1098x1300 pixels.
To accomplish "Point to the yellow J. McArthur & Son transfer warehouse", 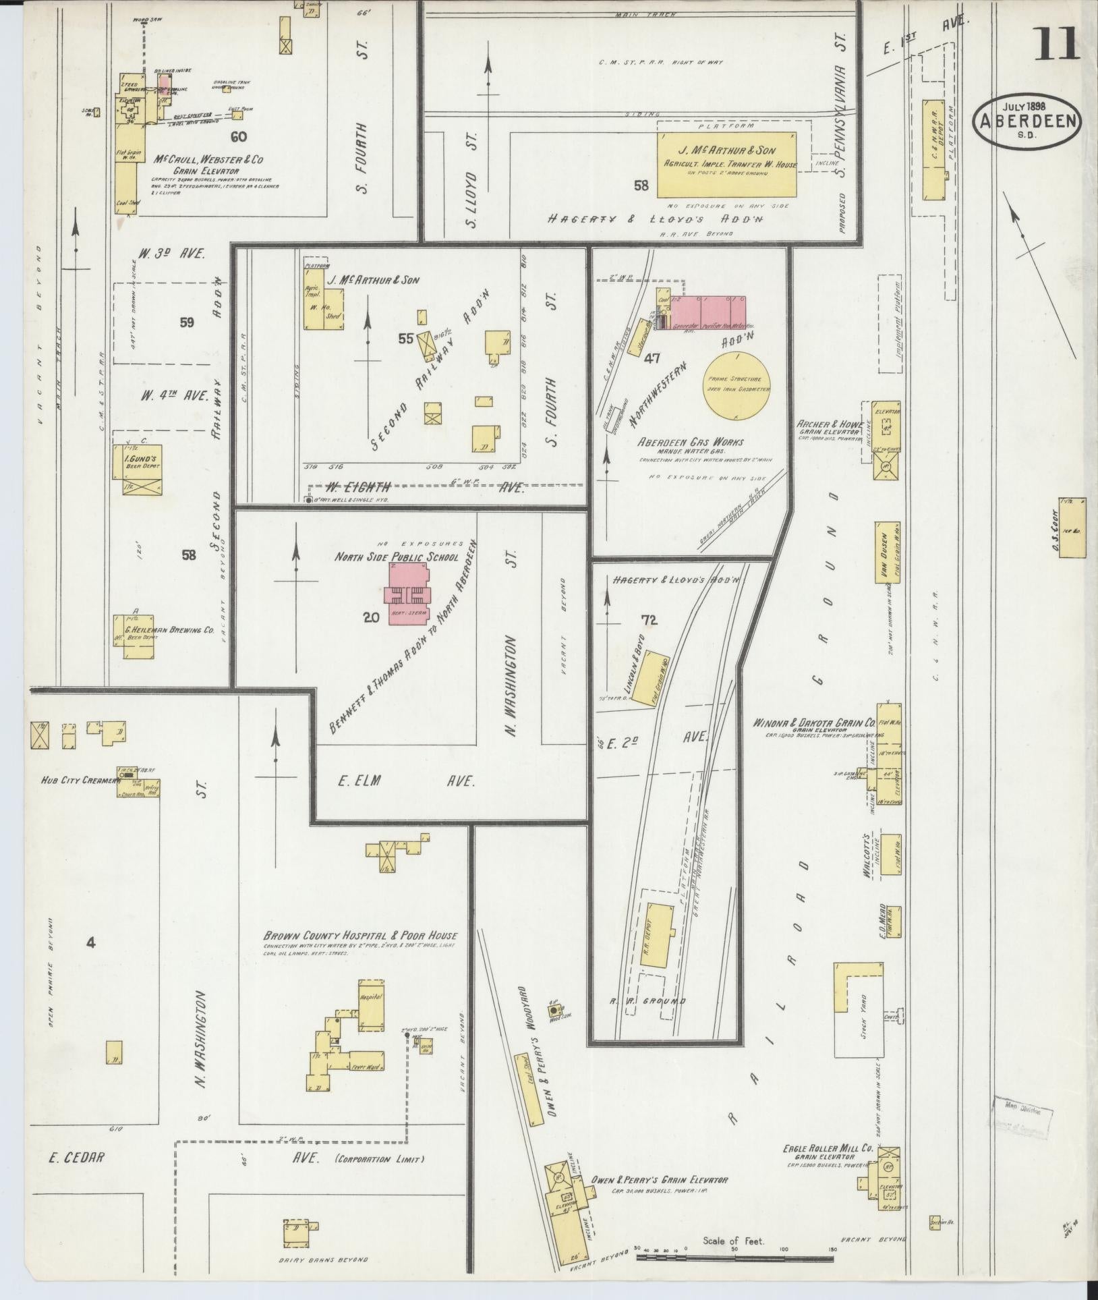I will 727,164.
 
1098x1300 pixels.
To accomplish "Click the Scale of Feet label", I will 732,1240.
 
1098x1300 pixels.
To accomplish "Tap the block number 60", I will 238,137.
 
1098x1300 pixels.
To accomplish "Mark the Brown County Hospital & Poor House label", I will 360,936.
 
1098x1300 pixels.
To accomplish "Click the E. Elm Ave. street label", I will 405,781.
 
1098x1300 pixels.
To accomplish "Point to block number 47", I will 651,359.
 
